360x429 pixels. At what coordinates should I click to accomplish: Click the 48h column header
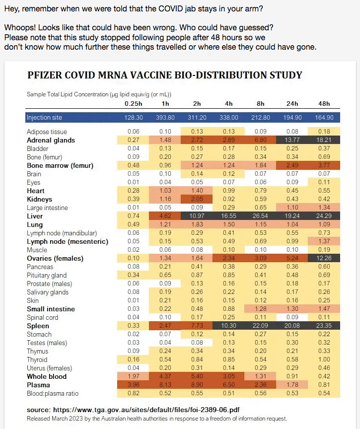click(324, 104)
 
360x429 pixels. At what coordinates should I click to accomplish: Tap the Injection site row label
click(44, 118)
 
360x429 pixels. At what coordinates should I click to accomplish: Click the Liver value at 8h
click(261, 216)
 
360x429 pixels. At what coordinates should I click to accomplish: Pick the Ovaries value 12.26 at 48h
click(324, 258)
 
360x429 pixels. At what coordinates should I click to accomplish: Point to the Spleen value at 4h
click(229, 326)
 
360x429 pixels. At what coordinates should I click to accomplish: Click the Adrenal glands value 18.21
click(324, 140)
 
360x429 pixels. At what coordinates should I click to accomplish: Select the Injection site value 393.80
click(165, 118)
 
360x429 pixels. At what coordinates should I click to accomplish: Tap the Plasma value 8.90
click(197, 385)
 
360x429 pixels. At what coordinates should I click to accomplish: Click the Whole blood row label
click(47, 377)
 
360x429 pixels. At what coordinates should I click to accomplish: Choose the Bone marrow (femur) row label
click(60, 165)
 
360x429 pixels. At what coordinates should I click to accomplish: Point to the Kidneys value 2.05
click(197, 199)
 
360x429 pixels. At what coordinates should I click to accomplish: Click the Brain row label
click(35, 174)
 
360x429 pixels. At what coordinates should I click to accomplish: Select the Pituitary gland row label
click(47, 275)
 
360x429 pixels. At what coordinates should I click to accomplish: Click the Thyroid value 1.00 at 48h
click(324, 359)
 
